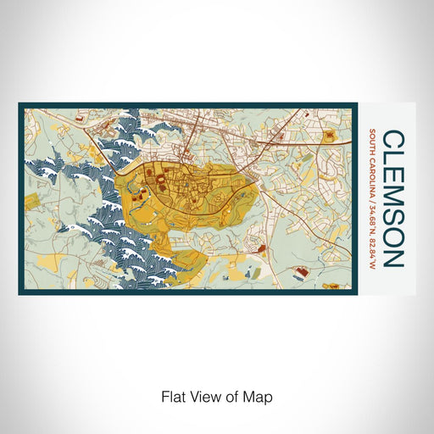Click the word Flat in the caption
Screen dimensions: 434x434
click(x=172, y=396)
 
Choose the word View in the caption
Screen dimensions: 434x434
click(x=201, y=396)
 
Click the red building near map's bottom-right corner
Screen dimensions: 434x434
click(x=299, y=272)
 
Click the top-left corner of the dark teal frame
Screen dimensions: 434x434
click(x=19, y=105)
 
